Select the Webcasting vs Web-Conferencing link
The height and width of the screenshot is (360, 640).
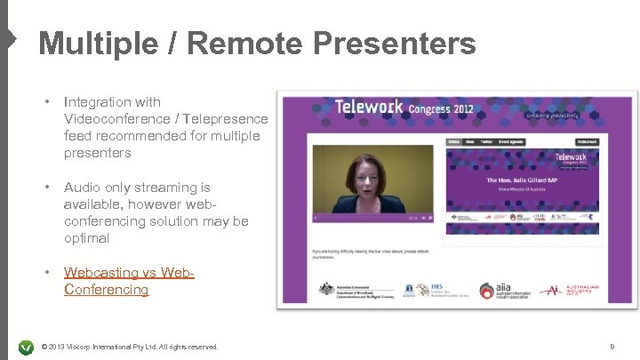pyautogui.click(x=129, y=281)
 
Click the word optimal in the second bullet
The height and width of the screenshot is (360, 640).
pyautogui.click(x=86, y=238)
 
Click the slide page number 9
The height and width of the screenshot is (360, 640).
pyautogui.click(x=612, y=347)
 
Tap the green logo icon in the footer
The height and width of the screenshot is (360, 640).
pyautogui.click(x=26, y=347)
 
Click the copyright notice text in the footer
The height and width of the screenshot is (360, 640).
pyautogui.click(x=130, y=347)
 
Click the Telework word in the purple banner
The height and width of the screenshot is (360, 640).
pyautogui.click(x=369, y=108)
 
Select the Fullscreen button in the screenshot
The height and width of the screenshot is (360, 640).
pyautogui.click(x=586, y=141)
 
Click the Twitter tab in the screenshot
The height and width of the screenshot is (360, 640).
pyautogui.click(x=487, y=141)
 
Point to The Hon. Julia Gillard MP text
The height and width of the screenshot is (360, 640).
pyautogui.click(x=524, y=180)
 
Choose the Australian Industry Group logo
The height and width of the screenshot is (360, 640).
pyautogui.click(x=579, y=290)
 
